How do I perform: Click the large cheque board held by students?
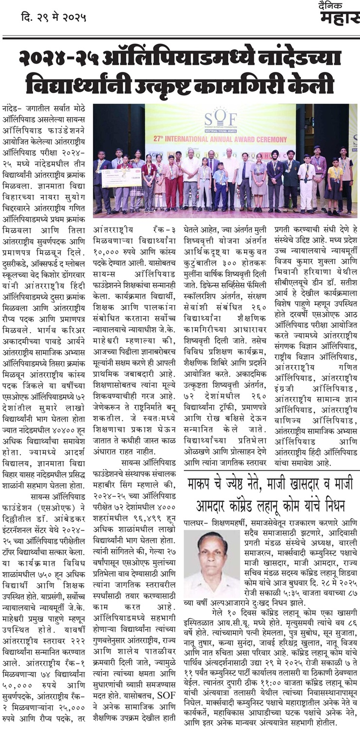[x=121, y=177]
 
